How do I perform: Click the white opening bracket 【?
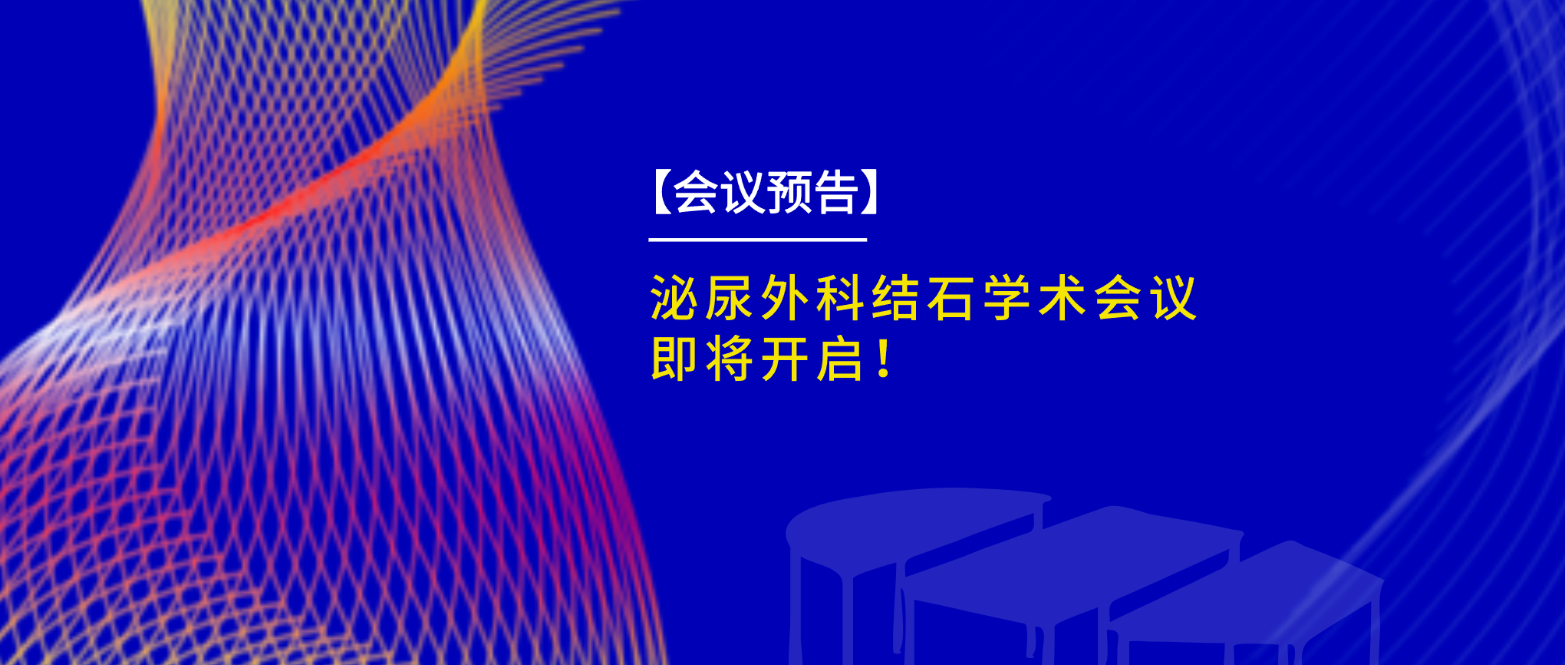[662, 192]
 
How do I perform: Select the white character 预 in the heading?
[789, 192]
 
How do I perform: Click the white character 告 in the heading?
[835, 192]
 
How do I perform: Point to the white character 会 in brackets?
[696, 192]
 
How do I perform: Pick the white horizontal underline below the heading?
[758, 240]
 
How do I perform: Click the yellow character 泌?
[674, 298]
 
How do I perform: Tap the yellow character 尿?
[729, 298]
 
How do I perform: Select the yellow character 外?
[785, 298]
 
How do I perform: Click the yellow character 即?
[674, 359]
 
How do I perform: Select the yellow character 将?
[729, 359]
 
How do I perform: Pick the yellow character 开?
[785, 359]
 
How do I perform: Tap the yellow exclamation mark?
[884, 359]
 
